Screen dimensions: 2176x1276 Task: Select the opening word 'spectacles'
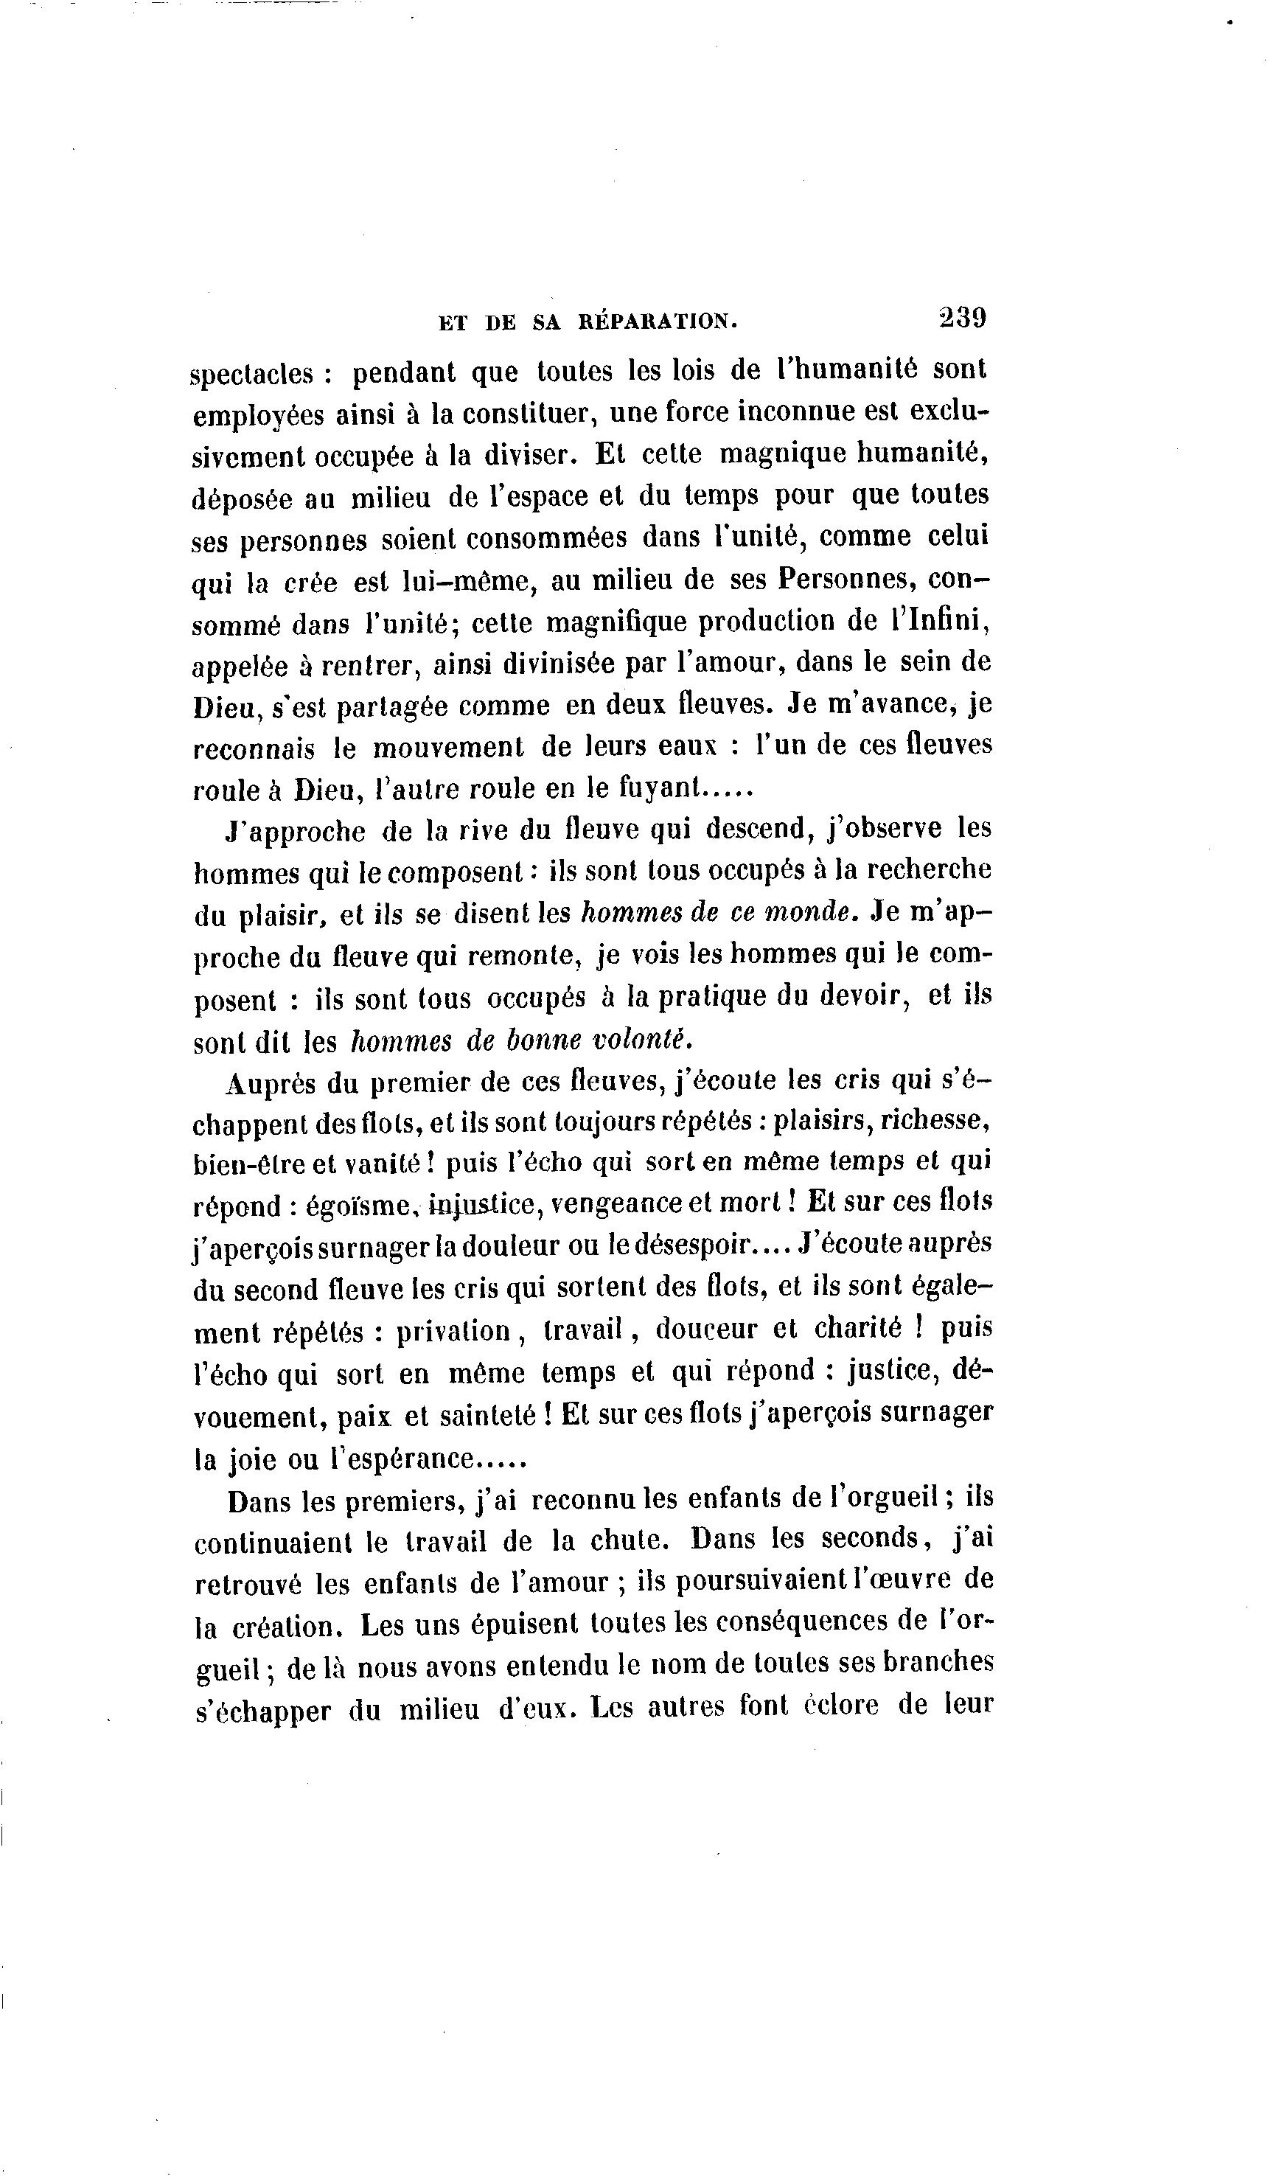[251, 375]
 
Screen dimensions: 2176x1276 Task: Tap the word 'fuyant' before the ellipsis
[658, 788]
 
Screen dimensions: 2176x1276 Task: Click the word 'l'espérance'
[403, 1459]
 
